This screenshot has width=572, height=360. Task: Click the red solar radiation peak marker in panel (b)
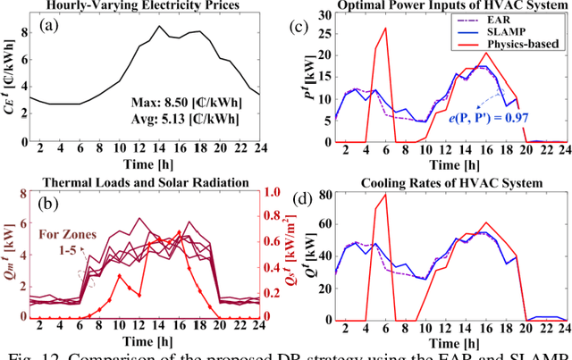tap(178, 232)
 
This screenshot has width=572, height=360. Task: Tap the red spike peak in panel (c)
tap(385, 28)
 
